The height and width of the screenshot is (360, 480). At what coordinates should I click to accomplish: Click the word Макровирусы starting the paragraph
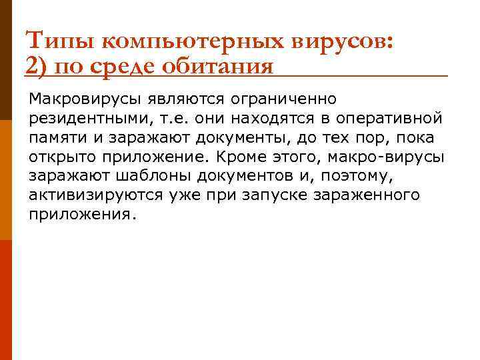[85, 99]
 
